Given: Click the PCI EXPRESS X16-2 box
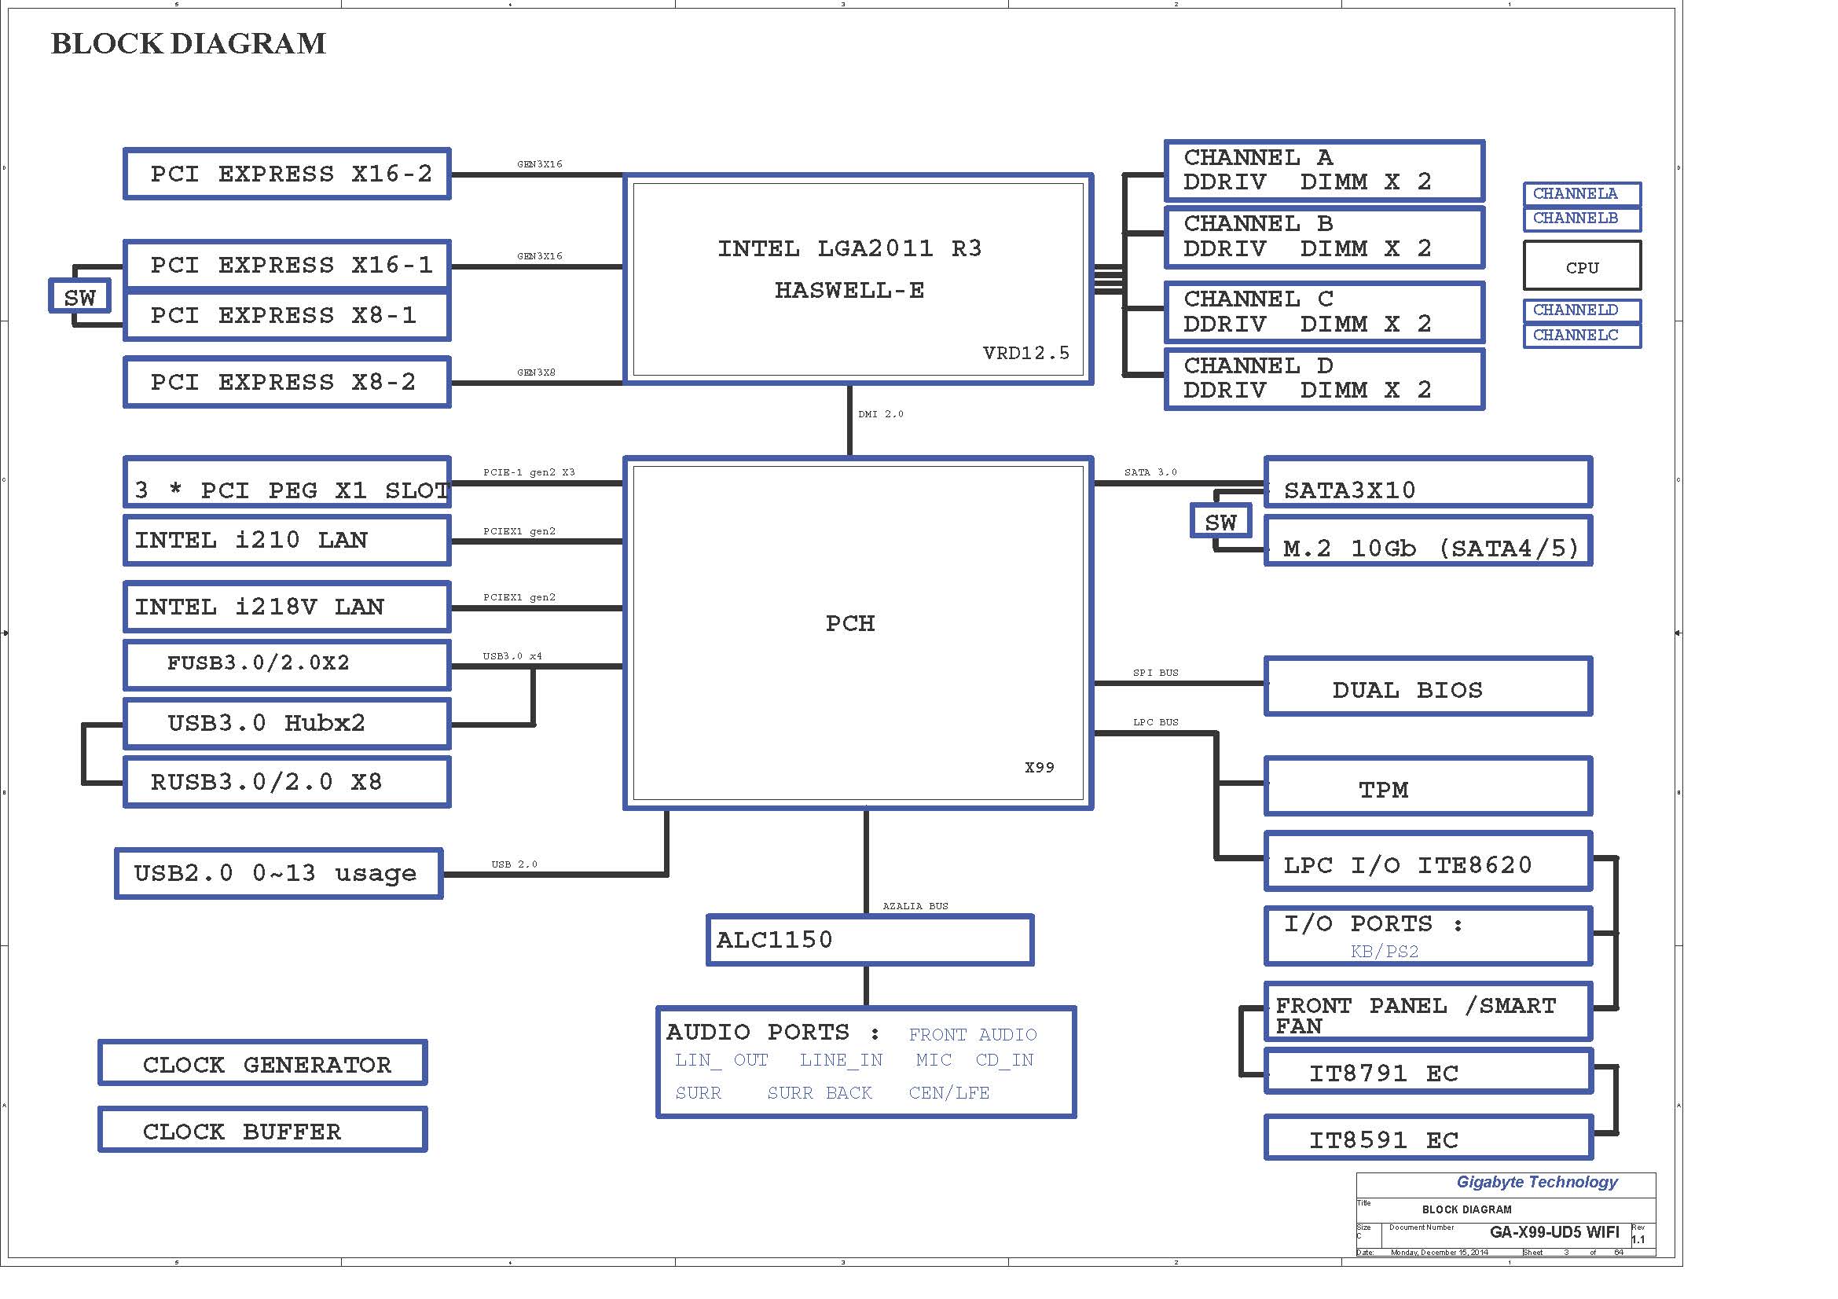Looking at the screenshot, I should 287,174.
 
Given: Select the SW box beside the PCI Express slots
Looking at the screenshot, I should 79,297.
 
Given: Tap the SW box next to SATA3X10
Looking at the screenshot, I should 1220,522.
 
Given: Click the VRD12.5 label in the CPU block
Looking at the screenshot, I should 1025,353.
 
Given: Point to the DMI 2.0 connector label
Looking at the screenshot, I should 881,414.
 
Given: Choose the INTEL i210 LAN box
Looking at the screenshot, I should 287,540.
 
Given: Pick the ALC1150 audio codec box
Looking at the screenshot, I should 869,940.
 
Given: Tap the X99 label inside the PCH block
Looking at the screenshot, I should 1039,768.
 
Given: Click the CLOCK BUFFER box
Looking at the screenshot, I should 262,1131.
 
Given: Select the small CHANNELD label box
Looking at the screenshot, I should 1582,310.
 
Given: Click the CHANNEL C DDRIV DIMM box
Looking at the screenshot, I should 1324,312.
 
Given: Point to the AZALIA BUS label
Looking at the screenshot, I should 915,906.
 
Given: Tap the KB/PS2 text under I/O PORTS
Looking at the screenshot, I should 1384,952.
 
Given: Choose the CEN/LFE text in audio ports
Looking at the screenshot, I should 948,1092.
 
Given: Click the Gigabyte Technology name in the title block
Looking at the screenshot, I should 1536,1182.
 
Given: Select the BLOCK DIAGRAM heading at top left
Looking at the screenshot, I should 189,43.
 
